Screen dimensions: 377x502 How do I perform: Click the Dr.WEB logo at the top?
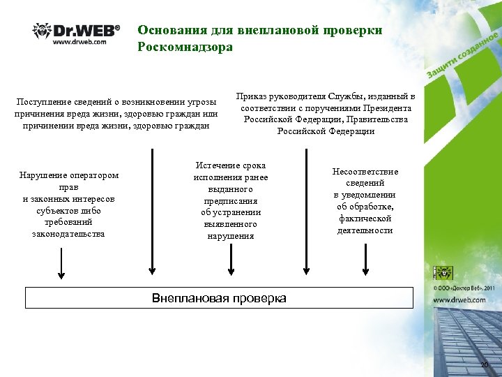(x=76, y=31)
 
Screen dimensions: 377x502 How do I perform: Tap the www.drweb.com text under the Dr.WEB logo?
(x=79, y=42)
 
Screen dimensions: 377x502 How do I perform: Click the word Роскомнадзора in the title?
(x=185, y=47)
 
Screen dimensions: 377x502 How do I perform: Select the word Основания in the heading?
(x=168, y=30)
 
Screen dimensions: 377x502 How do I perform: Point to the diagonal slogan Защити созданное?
(x=462, y=55)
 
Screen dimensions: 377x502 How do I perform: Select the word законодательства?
(x=68, y=234)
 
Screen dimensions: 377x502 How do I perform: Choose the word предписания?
(x=230, y=200)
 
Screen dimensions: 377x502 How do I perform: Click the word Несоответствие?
(x=365, y=172)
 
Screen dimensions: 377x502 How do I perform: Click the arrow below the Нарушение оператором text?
(x=61, y=265)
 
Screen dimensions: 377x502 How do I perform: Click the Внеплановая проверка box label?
(x=219, y=298)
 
